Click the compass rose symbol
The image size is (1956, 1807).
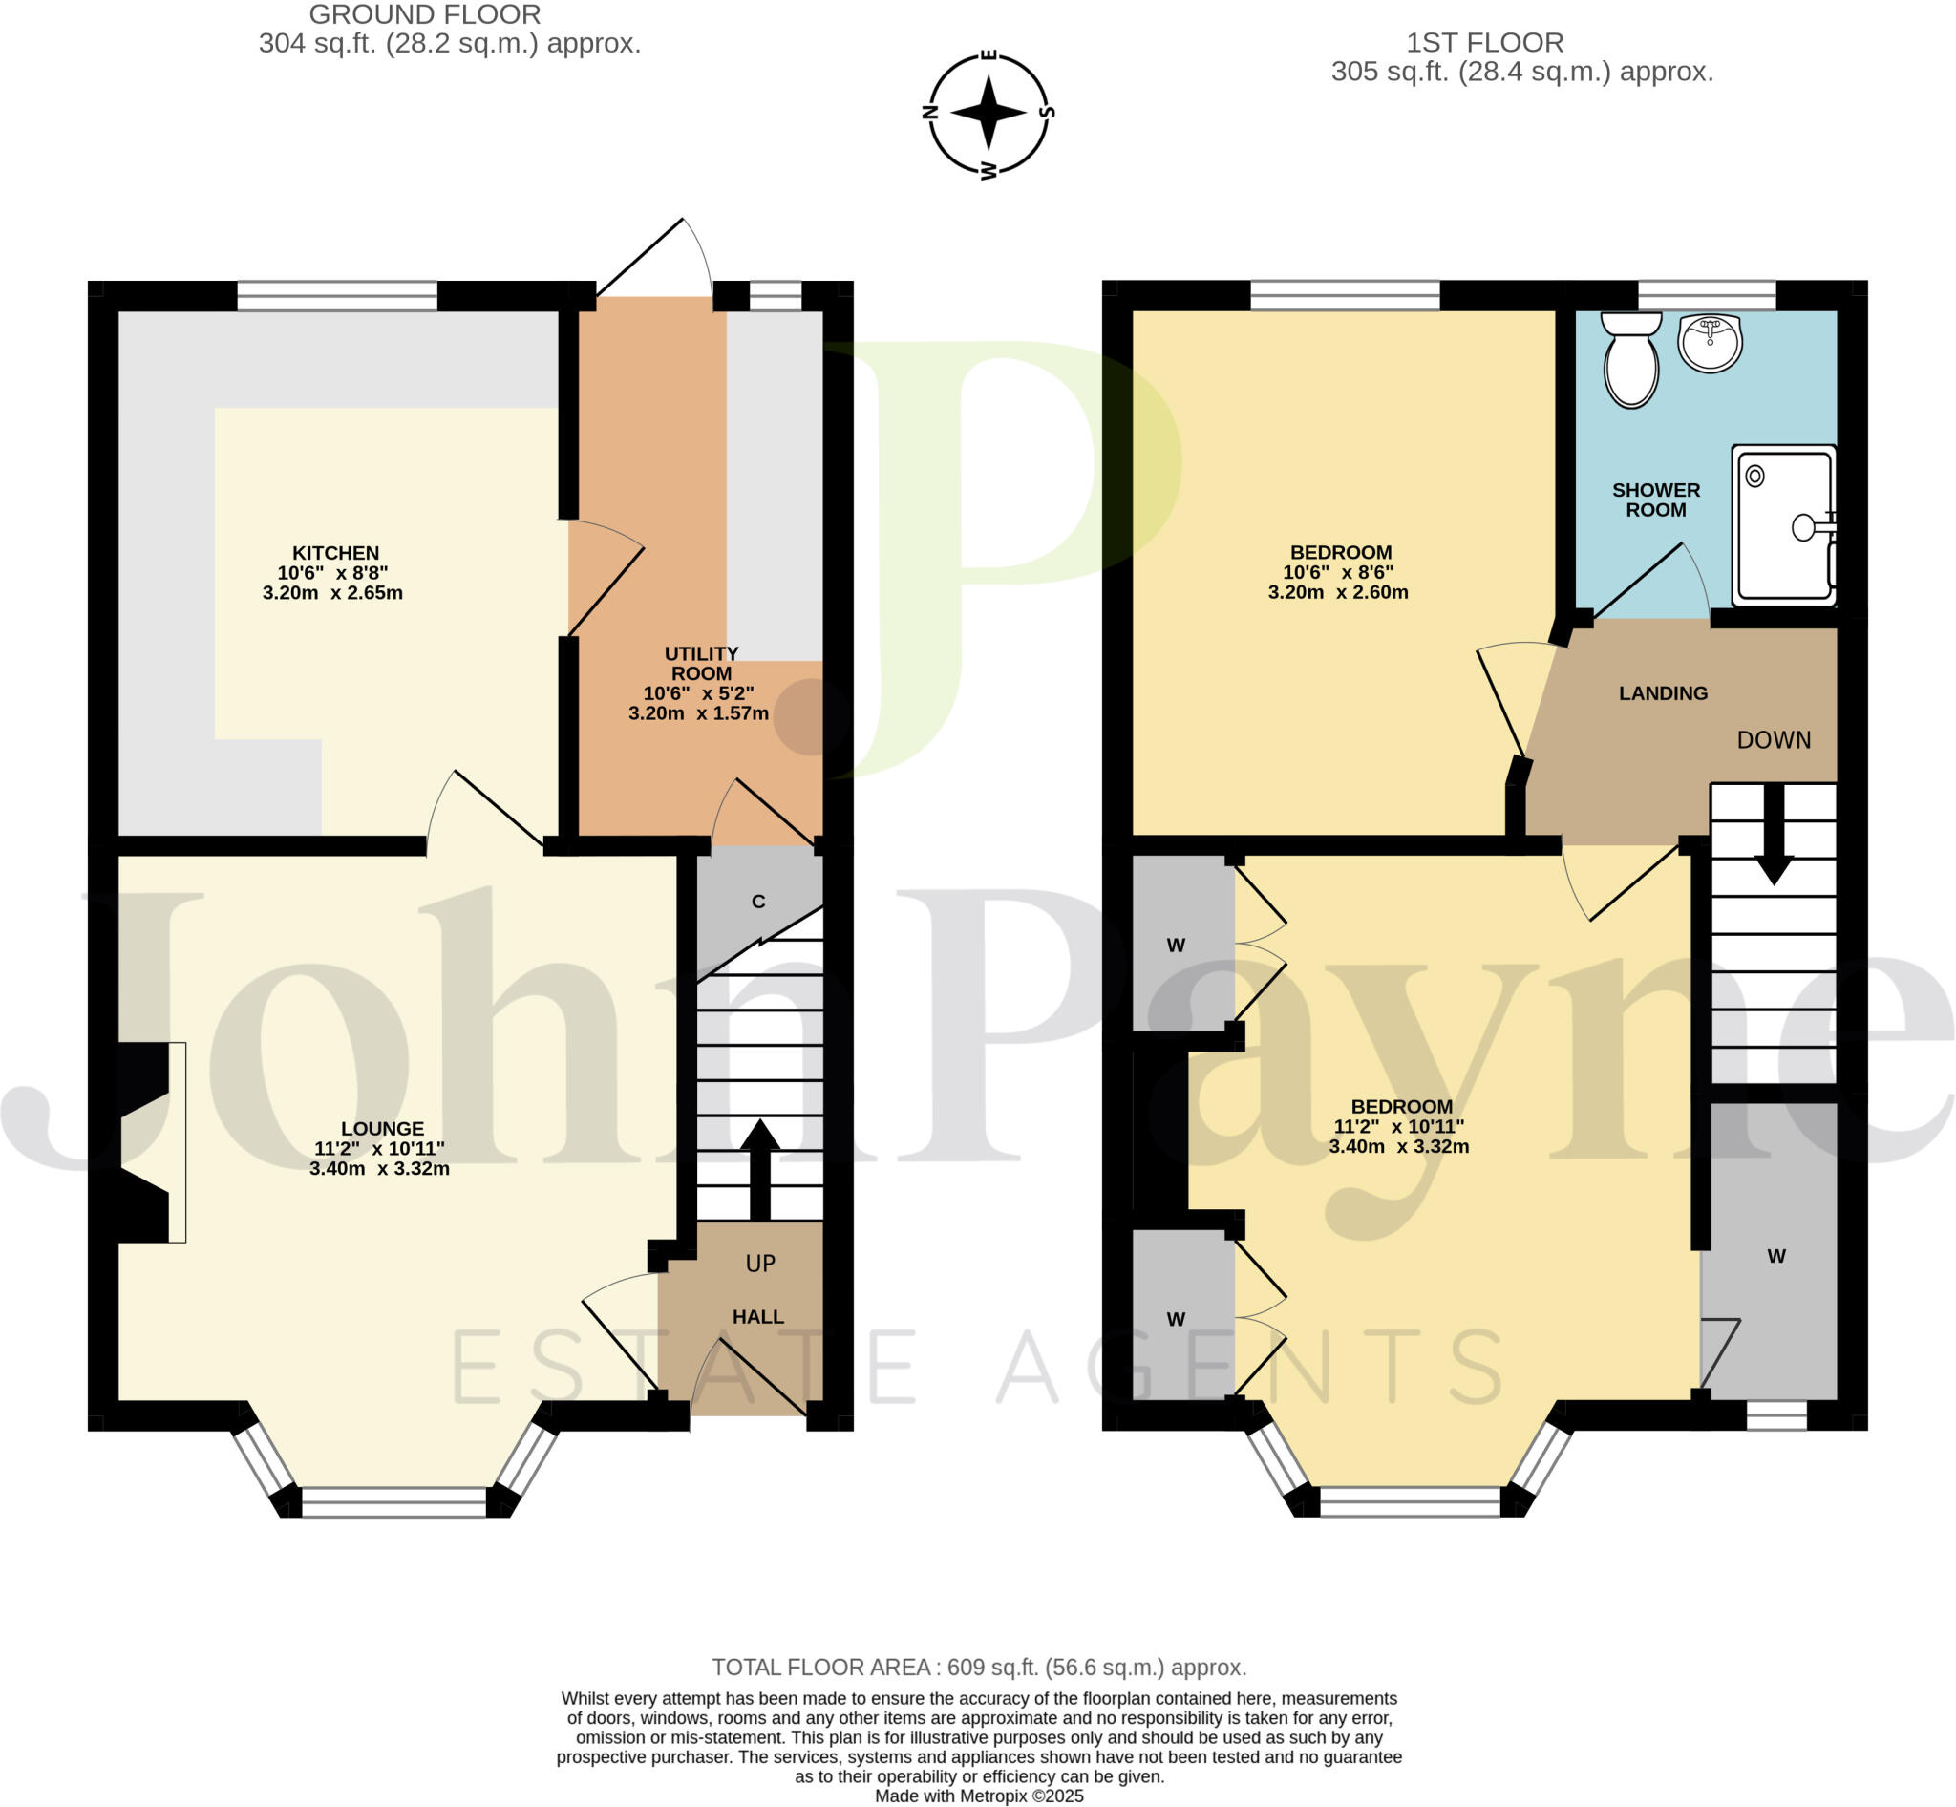[988, 113]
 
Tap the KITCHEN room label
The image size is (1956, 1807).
[334, 553]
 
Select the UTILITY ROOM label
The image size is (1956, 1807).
[701, 664]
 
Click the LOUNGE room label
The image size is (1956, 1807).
[382, 1129]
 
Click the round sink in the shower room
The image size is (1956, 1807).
[1710, 343]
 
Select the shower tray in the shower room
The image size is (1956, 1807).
[1782, 526]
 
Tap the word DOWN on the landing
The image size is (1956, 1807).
[1774, 740]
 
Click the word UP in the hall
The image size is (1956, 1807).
[760, 1264]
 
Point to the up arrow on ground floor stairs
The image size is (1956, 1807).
[760, 1168]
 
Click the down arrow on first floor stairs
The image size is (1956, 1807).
[1774, 836]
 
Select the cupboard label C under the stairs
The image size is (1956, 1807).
[758, 902]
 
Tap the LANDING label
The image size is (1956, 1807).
[1663, 693]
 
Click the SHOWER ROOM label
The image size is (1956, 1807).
[1656, 500]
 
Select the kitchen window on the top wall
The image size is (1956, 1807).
[336, 295]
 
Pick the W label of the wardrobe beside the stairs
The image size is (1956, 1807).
[1776, 1257]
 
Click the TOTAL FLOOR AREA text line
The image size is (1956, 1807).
[978, 1668]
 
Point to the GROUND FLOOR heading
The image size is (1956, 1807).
[424, 14]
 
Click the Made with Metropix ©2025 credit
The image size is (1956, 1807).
[978, 1796]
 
